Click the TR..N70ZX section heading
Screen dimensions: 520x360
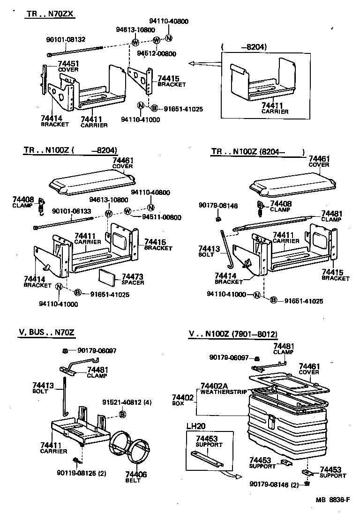pos(50,14)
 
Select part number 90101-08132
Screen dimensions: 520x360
pos(66,39)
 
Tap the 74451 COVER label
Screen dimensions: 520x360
pos(68,66)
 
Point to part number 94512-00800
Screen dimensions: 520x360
pos(157,54)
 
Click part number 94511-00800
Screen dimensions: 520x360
pos(162,217)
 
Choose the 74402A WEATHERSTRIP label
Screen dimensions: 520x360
pos(223,387)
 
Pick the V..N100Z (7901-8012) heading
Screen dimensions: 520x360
pos(233,334)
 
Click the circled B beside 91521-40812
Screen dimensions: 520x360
pos(122,414)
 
